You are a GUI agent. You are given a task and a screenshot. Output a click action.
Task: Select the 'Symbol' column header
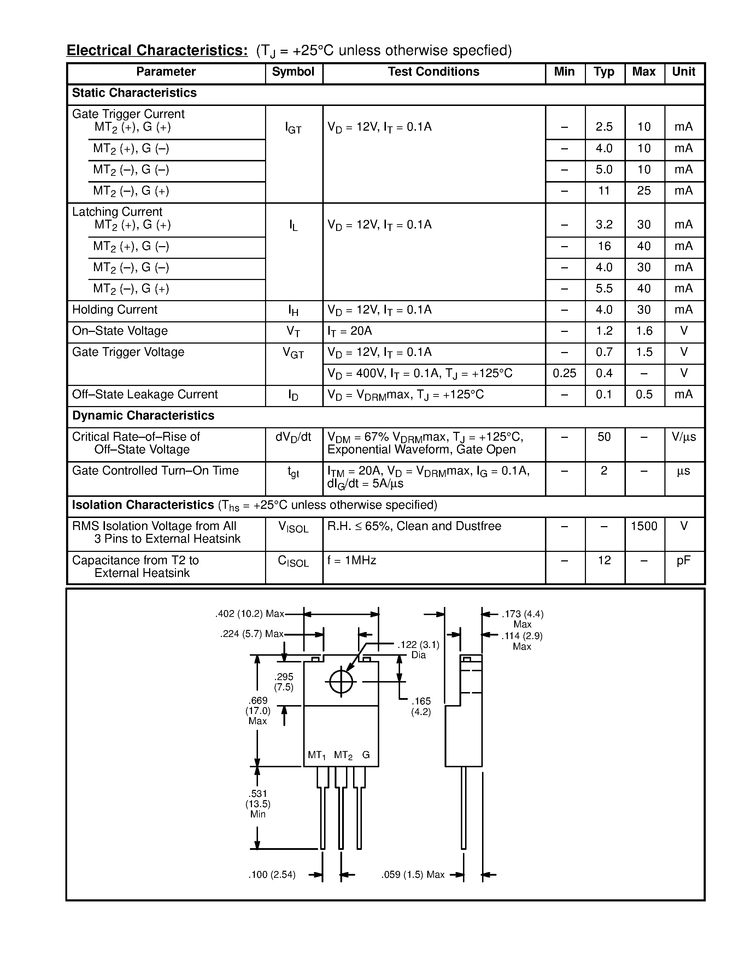tap(293, 72)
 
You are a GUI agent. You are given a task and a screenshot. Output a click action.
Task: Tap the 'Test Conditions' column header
tap(433, 72)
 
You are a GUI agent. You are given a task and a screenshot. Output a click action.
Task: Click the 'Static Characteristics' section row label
tap(134, 93)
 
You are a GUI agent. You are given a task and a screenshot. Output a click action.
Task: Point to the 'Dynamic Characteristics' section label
tap(143, 416)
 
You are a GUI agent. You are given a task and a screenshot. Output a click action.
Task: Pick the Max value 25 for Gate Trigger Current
tap(644, 191)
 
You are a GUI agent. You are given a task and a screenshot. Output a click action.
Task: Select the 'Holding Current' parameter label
tap(115, 310)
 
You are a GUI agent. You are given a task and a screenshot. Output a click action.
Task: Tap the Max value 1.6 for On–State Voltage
tap(644, 331)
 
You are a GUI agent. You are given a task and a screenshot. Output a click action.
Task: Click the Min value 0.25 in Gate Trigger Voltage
tap(564, 374)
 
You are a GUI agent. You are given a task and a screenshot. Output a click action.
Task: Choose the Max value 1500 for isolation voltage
tap(644, 526)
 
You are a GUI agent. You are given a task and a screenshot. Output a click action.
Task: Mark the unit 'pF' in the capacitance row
tap(683, 561)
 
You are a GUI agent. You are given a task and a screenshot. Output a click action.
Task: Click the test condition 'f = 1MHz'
tap(352, 561)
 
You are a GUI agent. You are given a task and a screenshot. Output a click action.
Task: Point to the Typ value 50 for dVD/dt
tap(604, 437)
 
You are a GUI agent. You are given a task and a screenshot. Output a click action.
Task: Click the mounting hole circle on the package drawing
tap(341, 681)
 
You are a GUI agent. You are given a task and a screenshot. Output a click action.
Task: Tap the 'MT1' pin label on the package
tap(317, 755)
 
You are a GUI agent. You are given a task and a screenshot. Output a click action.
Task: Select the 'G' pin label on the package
tap(366, 755)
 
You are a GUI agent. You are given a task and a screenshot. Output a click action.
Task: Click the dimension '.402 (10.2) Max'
tap(250, 614)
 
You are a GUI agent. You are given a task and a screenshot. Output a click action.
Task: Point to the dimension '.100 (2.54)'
tap(272, 875)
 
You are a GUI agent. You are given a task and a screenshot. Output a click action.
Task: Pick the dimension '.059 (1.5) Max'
tap(413, 875)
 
